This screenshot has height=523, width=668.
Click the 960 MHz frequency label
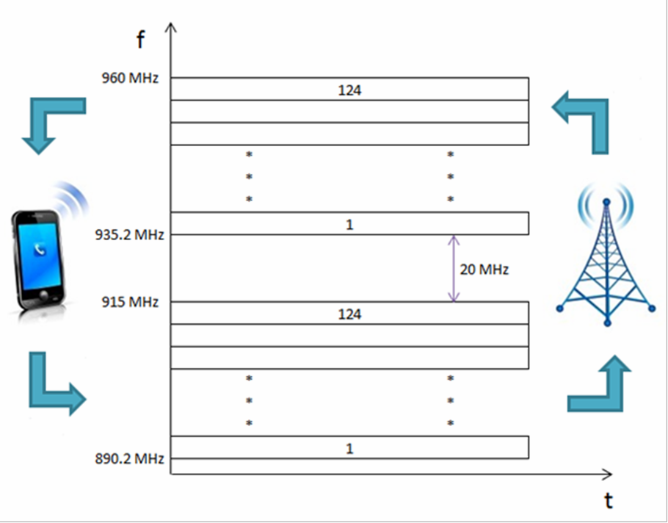(130, 77)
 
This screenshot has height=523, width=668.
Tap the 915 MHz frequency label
(130, 302)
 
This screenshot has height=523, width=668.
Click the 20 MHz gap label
(484, 269)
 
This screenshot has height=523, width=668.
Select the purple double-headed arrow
(454, 268)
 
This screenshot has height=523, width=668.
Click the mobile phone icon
(40, 253)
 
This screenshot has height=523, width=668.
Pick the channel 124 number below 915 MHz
(349, 314)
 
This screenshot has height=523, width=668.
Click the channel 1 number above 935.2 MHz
(349, 224)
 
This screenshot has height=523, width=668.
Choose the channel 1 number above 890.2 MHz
(349, 447)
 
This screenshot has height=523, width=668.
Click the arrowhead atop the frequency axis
(171, 28)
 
